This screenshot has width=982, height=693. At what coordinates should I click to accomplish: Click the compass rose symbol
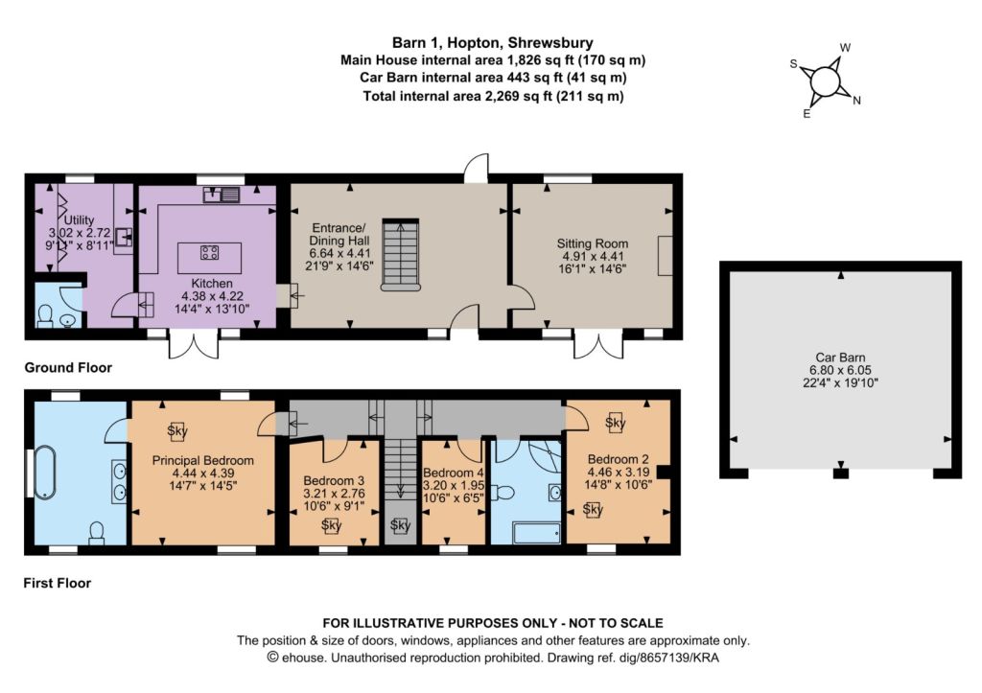point(825,81)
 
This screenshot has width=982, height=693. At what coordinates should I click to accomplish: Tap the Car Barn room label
point(840,358)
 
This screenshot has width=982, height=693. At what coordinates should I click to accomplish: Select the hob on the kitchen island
point(209,252)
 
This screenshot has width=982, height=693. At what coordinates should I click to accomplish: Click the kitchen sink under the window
point(222,195)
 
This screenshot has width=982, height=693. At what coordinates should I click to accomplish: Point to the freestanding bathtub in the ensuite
point(45,472)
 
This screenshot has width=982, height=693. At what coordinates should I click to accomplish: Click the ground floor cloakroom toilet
point(45,316)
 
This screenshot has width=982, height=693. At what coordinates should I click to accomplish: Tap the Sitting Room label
point(593,243)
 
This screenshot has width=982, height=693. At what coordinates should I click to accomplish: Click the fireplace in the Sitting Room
point(665,255)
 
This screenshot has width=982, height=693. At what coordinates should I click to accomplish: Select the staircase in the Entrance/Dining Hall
point(400,255)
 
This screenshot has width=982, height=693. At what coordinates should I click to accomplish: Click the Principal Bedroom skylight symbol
point(177,430)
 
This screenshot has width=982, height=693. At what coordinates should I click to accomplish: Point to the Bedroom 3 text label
point(333,481)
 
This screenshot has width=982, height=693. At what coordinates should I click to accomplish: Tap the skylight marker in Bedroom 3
point(331,526)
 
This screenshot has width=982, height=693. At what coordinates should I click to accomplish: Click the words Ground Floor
point(68,367)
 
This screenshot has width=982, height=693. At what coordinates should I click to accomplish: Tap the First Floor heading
point(57,583)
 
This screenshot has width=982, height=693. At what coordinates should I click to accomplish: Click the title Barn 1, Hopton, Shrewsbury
point(492,42)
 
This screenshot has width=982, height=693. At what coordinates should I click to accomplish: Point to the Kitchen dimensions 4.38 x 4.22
point(212,296)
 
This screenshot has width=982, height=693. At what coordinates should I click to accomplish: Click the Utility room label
point(79,219)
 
